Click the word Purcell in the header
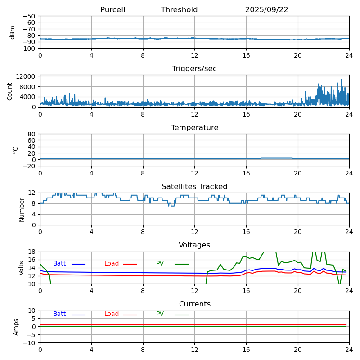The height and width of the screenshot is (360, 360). (112, 10)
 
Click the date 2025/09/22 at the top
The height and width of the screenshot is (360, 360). (266, 10)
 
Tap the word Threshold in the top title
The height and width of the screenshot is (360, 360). (179, 10)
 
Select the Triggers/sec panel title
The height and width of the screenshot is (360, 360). (194, 69)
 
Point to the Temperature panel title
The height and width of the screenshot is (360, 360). (194, 128)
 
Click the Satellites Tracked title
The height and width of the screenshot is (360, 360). (194, 187)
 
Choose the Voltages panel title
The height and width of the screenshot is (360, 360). (194, 245)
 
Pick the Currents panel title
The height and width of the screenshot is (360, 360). (194, 304)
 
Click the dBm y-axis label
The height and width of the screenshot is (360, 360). (13, 32)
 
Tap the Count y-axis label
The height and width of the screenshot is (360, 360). (10, 91)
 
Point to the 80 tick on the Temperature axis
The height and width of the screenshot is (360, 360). (31, 134)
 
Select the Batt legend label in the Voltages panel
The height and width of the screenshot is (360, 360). (59, 264)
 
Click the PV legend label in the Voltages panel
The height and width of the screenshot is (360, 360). (160, 264)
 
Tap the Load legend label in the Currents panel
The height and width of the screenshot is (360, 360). (112, 314)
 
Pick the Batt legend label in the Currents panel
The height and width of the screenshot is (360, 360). (59, 314)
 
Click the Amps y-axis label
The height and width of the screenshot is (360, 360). (16, 327)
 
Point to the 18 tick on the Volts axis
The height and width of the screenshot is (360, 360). (31, 252)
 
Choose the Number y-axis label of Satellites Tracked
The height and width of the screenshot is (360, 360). (22, 209)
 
